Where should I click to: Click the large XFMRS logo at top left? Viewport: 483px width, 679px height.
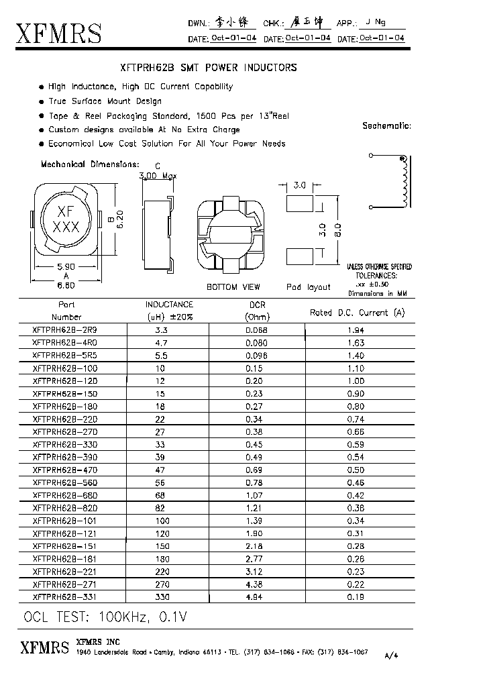[x=59, y=33]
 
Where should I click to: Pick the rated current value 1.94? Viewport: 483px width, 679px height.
[x=356, y=331]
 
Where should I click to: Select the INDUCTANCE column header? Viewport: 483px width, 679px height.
[x=169, y=305]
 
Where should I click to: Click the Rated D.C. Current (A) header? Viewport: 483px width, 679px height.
[x=358, y=313]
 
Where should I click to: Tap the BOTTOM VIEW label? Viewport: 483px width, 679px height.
[x=233, y=287]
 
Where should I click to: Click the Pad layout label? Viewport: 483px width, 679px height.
[x=308, y=287]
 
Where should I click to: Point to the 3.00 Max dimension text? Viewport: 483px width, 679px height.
[x=157, y=176]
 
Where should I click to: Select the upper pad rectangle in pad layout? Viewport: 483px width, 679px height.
[x=299, y=203]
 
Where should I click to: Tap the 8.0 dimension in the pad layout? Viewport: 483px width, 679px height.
[x=337, y=229]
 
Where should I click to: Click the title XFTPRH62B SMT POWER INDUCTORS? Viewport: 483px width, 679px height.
[x=207, y=68]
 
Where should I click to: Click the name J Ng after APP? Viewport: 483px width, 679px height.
[x=370, y=23]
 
